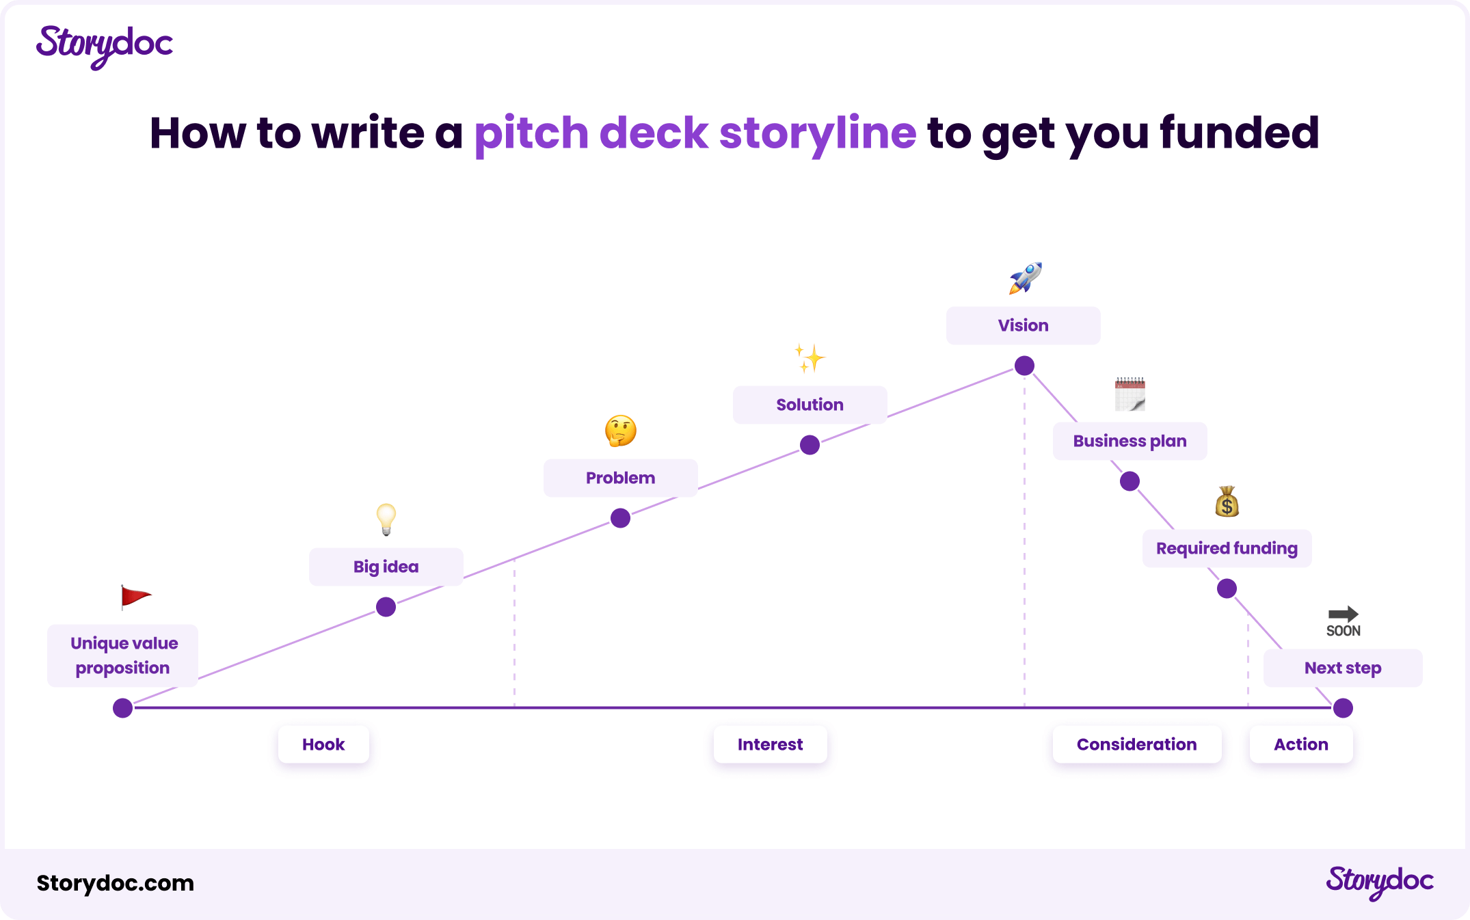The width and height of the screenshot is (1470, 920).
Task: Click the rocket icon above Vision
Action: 1025,278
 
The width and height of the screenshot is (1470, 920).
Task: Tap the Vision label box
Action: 1023,325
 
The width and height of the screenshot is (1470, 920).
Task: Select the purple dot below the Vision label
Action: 1024,366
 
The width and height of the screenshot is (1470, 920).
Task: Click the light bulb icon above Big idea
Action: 386,519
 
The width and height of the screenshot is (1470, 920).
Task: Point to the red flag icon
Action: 135,597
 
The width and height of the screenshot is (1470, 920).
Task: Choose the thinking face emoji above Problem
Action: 621,431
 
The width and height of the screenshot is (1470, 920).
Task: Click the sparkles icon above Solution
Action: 810,359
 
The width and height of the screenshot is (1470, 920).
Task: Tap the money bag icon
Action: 1227,502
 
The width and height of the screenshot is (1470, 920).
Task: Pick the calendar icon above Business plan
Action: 1130,394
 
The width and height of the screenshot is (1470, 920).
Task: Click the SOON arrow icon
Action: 1343,621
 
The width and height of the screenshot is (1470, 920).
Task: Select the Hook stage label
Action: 323,744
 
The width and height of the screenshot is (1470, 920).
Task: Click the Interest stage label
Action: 770,744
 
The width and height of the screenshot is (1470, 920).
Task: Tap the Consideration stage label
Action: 1136,744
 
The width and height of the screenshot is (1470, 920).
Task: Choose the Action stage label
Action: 1300,744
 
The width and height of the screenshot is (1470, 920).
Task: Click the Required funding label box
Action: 1227,548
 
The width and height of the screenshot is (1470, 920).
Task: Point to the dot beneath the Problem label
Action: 620,518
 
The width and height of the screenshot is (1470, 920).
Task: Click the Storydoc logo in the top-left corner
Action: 105,46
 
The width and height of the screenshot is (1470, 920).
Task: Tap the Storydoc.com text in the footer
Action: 116,883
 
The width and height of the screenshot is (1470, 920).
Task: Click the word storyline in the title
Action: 817,133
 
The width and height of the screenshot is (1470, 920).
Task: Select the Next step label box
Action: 1343,668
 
